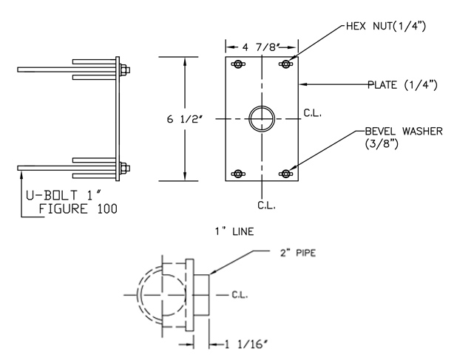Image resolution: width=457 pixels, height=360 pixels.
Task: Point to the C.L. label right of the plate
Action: click(x=311, y=115)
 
